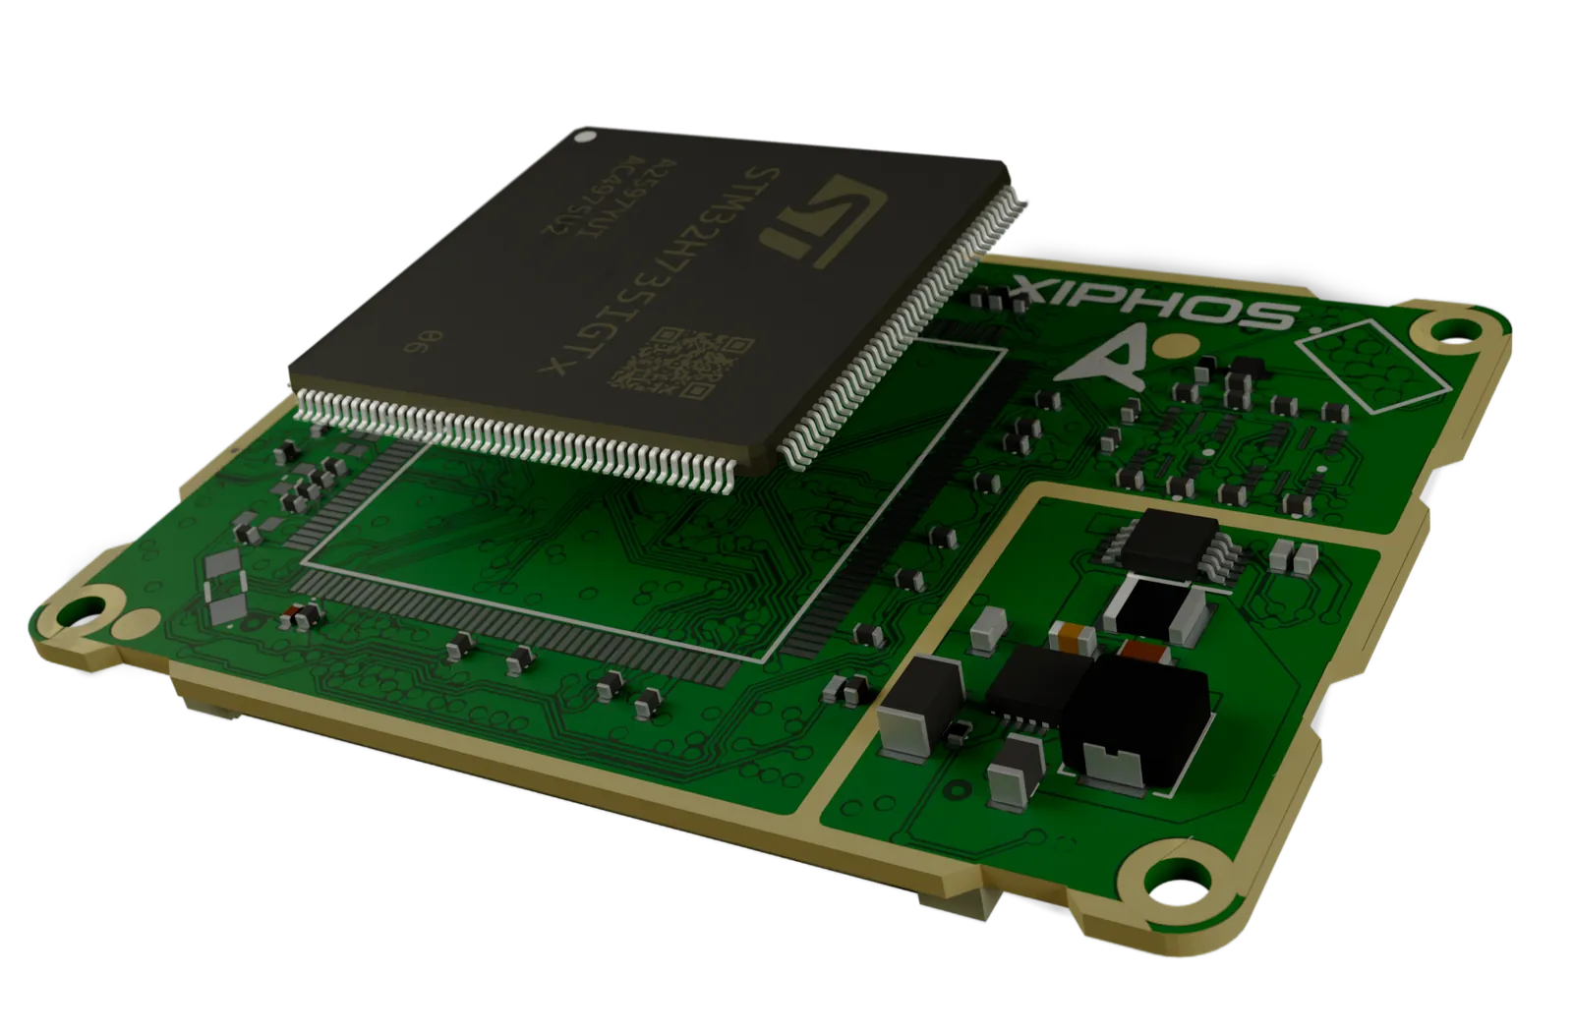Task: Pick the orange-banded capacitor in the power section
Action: (x=1073, y=635)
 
